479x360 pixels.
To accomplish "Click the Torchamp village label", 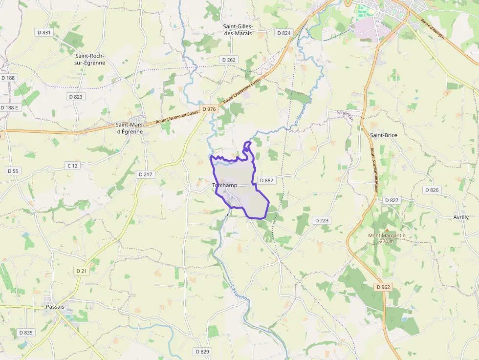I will click(225, 186).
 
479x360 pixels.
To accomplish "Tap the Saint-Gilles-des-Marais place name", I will click(238, 30).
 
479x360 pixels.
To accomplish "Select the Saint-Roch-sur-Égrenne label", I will click(89, 59).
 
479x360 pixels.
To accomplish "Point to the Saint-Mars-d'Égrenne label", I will click(129, 128).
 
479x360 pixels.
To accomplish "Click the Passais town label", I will click(55, 307).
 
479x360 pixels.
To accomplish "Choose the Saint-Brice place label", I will click(384, 135).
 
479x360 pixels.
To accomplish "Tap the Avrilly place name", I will click(461, 217).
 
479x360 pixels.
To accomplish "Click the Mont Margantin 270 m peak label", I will click(387, 238).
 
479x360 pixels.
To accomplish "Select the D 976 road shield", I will click(209, 109).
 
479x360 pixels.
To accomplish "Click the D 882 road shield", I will click(266, 180).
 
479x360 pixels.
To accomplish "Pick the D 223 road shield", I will click(322, 221).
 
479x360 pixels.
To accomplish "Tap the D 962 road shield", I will click(383, 287).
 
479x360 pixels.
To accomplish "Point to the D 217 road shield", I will click(146, 174).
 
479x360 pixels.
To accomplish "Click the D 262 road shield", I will click(228, 60).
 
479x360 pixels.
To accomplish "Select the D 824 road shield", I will click(283, 33).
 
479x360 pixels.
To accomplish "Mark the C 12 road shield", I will click(72, 166).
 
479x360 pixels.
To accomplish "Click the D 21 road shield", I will click(81, 271).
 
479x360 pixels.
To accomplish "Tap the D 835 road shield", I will click(26, 333).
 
